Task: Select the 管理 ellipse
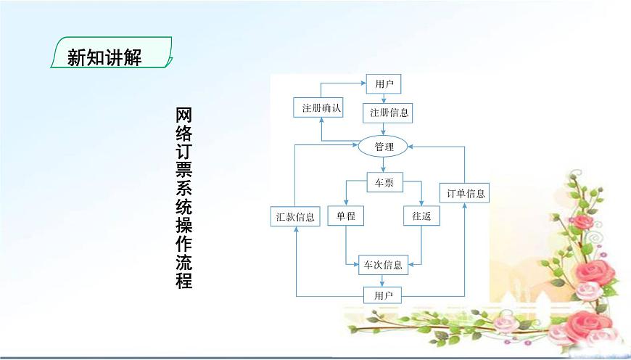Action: pos(384,147)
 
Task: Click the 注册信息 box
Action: pos(389,112)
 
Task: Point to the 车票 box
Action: pos(384,184)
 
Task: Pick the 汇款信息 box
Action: pos(296,216)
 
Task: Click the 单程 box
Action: pos(345,216)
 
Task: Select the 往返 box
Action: pos(421,216)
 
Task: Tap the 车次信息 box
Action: pos(384,264)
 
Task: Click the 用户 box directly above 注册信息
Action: pos(384,84)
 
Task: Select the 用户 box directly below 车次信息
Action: pos(383,295)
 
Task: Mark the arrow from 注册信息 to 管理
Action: pos(384,128)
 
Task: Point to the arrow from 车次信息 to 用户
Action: pos(384,280)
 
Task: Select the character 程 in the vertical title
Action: pos(184,279)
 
